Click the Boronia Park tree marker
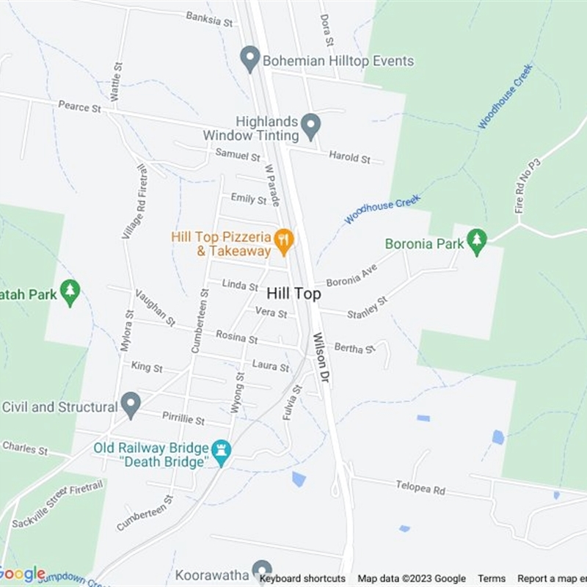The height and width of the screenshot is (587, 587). point(477,242)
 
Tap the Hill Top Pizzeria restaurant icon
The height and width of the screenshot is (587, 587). point(284,239)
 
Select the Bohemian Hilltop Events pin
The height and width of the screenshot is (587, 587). point(251,59)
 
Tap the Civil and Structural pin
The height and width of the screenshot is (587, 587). point(131,404)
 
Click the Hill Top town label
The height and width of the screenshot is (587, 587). point(293,293)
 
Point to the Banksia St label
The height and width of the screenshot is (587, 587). point(208,18)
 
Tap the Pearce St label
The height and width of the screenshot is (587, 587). point(79,107)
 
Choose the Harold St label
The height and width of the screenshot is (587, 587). point(349,158)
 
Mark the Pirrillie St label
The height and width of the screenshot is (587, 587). point(186,420)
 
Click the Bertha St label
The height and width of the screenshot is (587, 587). point(354,348)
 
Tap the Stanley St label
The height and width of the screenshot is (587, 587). point(367,307)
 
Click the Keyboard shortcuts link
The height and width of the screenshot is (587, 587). point(302,578)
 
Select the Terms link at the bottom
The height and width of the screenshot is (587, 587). point(492,578)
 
